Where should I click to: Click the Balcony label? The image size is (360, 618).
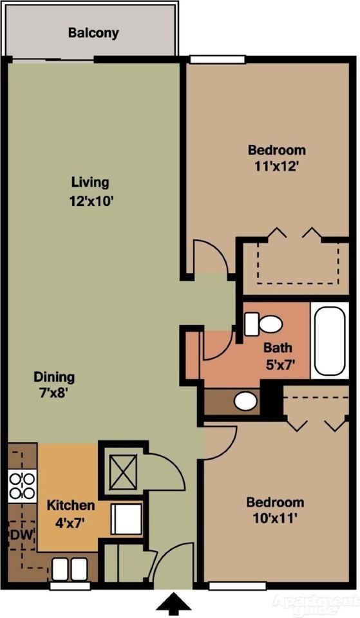click(x=93, y=33)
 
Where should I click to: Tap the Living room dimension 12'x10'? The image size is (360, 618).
click(x=91, y=201)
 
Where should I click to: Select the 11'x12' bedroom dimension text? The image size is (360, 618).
click(x=276, y=167)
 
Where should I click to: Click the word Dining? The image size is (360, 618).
click(x=54, y=377)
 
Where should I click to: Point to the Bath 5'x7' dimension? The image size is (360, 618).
click(x=280, y=365)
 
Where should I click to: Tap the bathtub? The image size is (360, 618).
click(x=330, y=341)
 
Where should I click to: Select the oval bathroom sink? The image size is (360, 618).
click(x=245, y=401)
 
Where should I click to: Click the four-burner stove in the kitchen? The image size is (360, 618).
click(x=23, y=486)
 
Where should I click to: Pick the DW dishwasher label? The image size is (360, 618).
click(x=22, y=535)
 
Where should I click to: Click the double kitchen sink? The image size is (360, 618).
click(x=70, y=569)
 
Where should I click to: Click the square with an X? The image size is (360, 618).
click(x=123, y=471)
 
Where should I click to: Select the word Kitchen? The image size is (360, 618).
click(x=71, y=505)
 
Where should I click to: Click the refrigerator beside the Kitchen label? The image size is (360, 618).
click(x=126, y=519)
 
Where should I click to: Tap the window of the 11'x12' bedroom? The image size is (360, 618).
click(x=217, y=59)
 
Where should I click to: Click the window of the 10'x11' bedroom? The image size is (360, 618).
click(x=235, y=586)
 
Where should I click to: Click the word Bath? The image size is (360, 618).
click(x=278, y=348)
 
